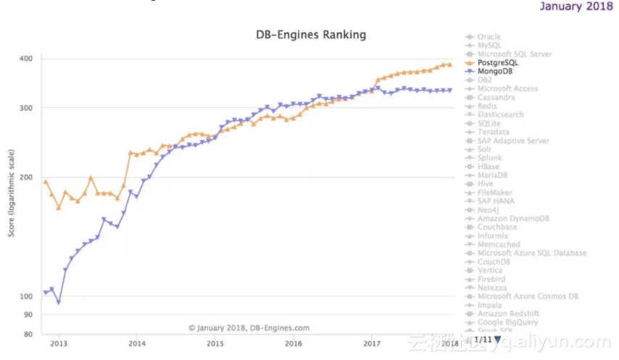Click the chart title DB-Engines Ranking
[311, 35]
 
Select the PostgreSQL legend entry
[498, 63]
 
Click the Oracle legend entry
[489, 37]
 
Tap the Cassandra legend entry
[497, 97]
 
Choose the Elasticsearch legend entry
[500, 114]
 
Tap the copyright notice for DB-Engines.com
[249, 327]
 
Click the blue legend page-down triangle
[498, 339]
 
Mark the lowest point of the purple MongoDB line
[59, 302]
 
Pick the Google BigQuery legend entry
[507, 322]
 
